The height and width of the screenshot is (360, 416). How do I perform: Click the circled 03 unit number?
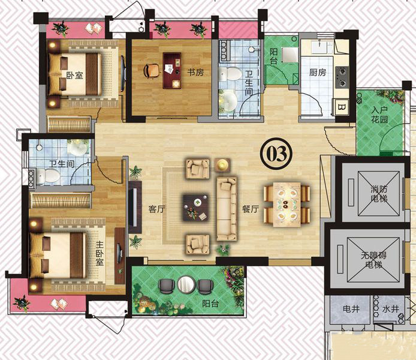pyautogui.click(x=277, y=154)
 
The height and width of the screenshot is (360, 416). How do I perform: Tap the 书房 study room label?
pyautogui.click(x=195, y=72)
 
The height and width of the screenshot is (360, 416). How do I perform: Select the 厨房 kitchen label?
pyautogui.click(x=318, y=72)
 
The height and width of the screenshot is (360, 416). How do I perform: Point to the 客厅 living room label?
pyautogui.click(x=157, y=209)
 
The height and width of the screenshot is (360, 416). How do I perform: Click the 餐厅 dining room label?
pyautogui.click(x=250, y=209)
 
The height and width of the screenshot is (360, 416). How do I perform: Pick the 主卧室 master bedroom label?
pyautogui.click(x=100, y=253)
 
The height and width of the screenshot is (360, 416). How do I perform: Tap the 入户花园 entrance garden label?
pyautogui.click(x=379, y=115)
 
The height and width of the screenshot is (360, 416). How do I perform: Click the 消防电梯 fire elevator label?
pyautogui.click(x=379, y=194)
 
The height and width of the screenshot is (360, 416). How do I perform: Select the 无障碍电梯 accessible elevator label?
pyautogui.click(x=373, y=260)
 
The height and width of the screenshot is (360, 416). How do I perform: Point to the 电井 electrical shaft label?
pyautogui.click(x=351, y=309)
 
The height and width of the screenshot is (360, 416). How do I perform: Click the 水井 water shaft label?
pyautogui.click(x=390, y=309)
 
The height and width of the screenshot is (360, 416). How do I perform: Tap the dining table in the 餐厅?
pyautogui.click(x=287, y=205)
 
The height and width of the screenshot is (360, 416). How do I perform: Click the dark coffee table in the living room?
pyautogui.click(x=195, y=207)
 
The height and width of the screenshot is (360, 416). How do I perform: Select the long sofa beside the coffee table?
pyautogui.click(x=227, y=209)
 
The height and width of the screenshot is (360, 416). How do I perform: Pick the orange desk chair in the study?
pyautogui.click(x=151, y=71)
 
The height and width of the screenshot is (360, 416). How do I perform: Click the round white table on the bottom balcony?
pyautogui.click(x=186, y=284)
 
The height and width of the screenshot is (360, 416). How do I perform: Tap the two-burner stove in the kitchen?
pyautogui.click(x=342, y=77)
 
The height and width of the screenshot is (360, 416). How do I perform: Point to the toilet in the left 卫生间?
pyautogui.click(x=48, y=176)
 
